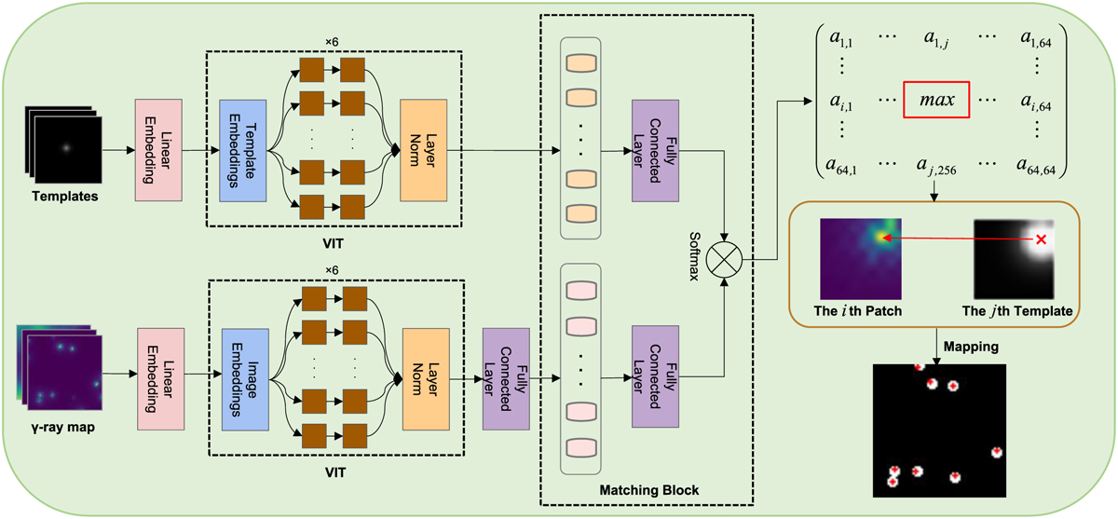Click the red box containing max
click(x=935, y=101)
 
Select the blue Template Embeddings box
click(x=241, y=148)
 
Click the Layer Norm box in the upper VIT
click(x=424, y=148)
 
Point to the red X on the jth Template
click(x=1041, y=239)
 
